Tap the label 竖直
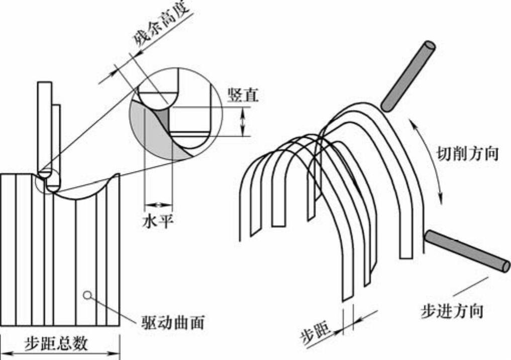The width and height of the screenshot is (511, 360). pyautogui.click(x=242, y=95)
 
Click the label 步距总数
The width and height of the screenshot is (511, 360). pyautogui.click(x=56, y=343)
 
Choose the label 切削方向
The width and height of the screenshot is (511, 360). pyautogui.click(x=467, y=153)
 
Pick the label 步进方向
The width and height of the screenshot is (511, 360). pyautogui.click(x=452, y=310)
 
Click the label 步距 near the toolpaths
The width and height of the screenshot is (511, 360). pyautogui.click(x=316, y=332)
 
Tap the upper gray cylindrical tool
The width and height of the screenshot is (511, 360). pyautogui.click(x=408, y=75)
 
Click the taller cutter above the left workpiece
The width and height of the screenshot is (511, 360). pyautogui.click(x=44, y=126)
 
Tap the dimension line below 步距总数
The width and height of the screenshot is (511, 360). pyautogui.click(x=60, y=354)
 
